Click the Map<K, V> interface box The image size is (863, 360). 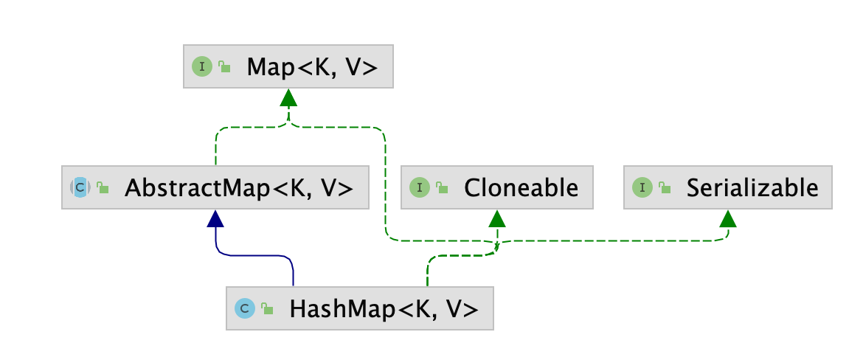(x=288, y=67)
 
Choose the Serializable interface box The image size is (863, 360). (x=728, y=187)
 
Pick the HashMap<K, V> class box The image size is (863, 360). (x=359, y=308)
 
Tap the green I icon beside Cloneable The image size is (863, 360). (x=419, y=187)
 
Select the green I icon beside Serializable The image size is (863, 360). (x=642, y=187)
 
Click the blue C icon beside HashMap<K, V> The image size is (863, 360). (x=245, y=308)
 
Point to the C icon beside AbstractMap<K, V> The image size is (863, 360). (x=80, y=187)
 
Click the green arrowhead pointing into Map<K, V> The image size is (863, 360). (x=288, y=98)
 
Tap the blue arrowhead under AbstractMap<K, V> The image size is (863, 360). (x=215, y=218)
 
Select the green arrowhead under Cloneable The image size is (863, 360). (x=497, y=218)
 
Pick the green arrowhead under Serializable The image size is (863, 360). (x=728, y=218)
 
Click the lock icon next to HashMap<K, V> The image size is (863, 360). (x=267, y=308)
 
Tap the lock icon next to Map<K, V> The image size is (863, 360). (x=224, y=67)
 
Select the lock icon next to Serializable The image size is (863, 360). (x=664, y=187)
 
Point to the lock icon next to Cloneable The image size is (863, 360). (x=441, y=187)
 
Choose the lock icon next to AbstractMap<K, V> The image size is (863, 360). (x=103, y=187)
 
